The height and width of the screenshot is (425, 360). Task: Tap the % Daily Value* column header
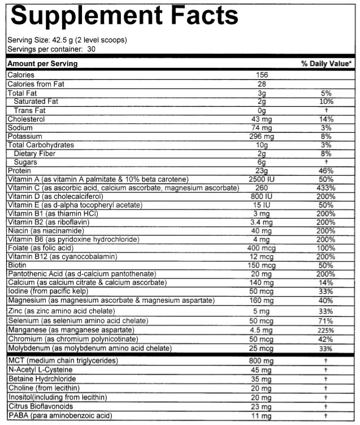coord(327,64)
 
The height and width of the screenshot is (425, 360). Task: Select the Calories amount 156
coord(262,75)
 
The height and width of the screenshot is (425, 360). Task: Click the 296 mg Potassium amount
coord(262,137)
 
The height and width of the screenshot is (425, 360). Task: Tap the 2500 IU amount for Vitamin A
coord(262,179)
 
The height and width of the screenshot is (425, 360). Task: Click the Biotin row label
coord(16,264)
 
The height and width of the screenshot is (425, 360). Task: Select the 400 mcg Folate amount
coord(262,248)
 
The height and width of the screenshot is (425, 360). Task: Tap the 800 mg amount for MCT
coord(262,361)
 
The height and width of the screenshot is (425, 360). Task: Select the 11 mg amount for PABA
coord(262,416)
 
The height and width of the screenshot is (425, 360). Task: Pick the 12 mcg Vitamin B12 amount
coord(262,257)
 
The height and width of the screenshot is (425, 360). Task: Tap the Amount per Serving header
coord(42,64)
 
